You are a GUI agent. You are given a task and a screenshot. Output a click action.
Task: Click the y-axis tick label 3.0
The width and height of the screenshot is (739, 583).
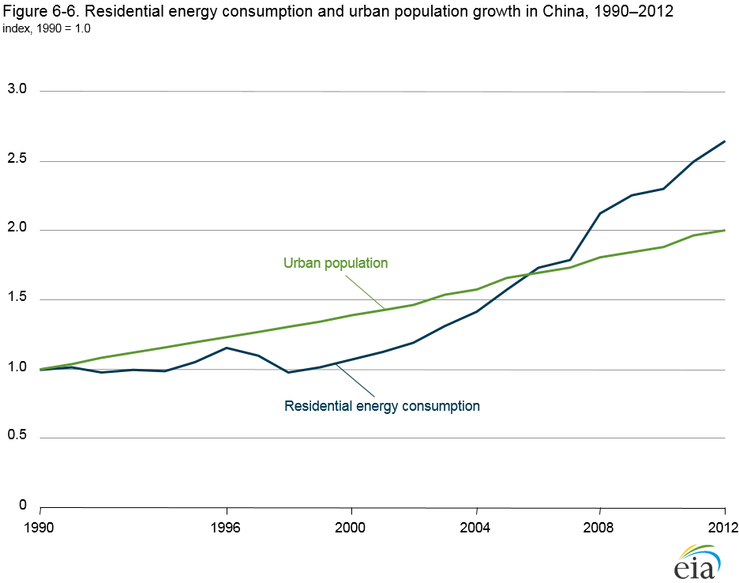[17, 90]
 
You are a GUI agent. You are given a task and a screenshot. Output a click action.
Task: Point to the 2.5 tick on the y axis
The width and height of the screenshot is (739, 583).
[17, 160]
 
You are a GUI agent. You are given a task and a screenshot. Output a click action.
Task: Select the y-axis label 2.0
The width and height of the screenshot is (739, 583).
[17, 229]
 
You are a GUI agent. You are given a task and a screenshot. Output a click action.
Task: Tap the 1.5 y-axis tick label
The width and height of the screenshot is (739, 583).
[17, 299]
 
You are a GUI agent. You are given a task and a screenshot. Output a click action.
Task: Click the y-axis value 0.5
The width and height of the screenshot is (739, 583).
[17, 437]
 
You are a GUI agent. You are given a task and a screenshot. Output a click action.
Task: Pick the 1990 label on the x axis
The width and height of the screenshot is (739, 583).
[39, 527]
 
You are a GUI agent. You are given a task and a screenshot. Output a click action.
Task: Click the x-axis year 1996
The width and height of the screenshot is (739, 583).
[227, 527]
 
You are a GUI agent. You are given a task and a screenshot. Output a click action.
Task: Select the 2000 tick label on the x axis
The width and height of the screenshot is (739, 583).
[351, 527]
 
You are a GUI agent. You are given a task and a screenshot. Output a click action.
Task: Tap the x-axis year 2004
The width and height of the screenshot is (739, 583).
[476, 527]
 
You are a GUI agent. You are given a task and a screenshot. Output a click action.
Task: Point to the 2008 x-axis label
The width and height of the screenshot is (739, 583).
[600, 527]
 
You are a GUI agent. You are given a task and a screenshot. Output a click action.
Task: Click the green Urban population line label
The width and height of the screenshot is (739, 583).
[336, 263]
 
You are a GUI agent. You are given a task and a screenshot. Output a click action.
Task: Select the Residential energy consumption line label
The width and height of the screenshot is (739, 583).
[382, 406]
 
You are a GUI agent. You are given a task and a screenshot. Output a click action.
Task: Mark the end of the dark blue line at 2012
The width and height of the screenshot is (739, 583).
[725, 141]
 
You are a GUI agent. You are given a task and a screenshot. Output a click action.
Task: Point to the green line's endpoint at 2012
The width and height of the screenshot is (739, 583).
[725, 230]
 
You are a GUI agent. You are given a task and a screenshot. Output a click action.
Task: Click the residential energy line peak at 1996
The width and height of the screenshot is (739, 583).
[227, 348]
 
